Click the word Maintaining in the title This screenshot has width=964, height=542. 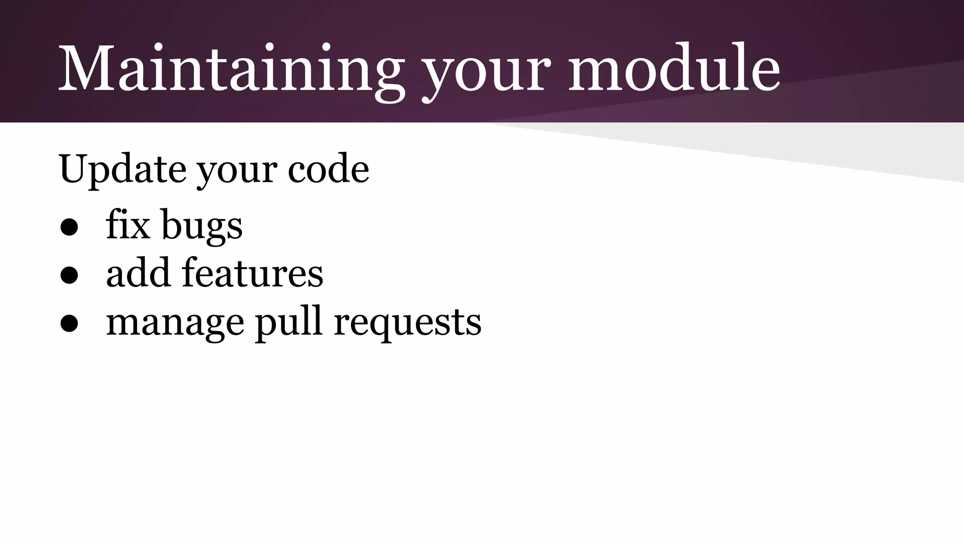pos(231,68)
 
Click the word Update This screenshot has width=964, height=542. pos(122,169)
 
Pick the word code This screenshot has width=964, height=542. pos(328,169)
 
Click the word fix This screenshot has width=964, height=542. pos(128,224)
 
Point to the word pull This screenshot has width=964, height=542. pos(289,322)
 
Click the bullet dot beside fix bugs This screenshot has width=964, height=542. pos(69,227)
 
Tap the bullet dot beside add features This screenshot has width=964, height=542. pos(69,276)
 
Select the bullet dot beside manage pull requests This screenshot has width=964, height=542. pos(69,324)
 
